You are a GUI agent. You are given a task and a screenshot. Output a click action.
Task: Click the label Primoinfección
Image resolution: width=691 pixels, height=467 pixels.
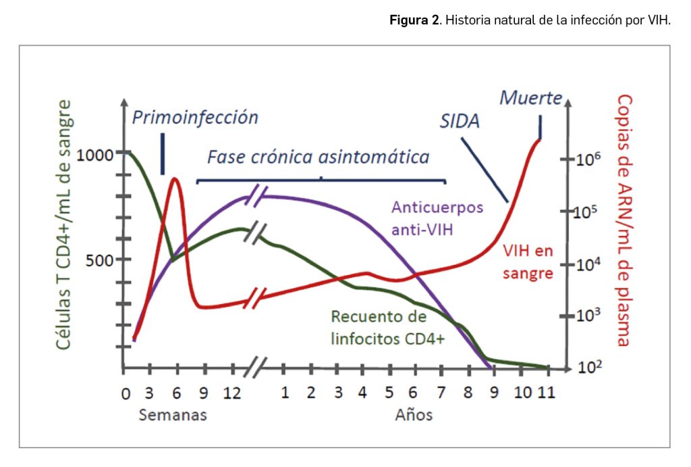tap(195, 118)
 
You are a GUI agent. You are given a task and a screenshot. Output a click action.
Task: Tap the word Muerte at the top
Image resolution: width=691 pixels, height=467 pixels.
tap(530, 98)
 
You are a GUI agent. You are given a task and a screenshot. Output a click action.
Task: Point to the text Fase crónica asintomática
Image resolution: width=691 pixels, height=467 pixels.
tap(318, 157)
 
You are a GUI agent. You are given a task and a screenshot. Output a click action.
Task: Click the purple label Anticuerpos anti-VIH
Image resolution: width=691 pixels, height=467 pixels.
tap(437, 218)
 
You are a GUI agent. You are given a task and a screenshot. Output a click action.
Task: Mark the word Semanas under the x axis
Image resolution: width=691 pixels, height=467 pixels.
tap(173, 415)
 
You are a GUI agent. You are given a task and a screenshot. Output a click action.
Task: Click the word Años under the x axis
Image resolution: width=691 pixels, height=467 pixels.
tap(414, 415)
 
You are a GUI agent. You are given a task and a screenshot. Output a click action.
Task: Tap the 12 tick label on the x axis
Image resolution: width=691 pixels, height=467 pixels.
tap(232, 393)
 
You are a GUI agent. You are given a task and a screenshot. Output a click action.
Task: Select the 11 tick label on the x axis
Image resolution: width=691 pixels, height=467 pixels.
tap(547, 393)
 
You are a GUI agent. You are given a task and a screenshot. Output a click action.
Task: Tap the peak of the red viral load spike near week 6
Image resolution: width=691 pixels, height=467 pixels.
tap(175, 179)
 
